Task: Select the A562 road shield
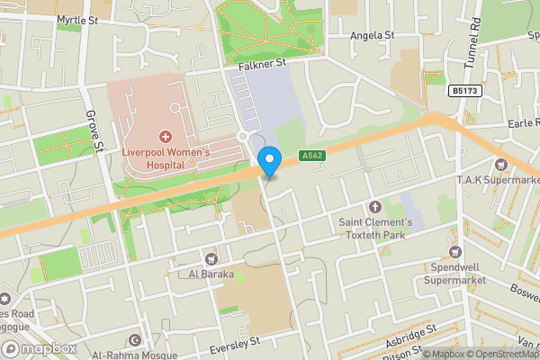point(312,156)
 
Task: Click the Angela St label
point(372,35)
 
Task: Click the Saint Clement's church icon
point(375,207)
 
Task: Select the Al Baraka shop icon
point(211,258)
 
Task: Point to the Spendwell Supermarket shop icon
point(454,252)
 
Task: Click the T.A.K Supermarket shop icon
point(500,164)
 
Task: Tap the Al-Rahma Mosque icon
point(135,340)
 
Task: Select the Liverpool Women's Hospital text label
point(166,159)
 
